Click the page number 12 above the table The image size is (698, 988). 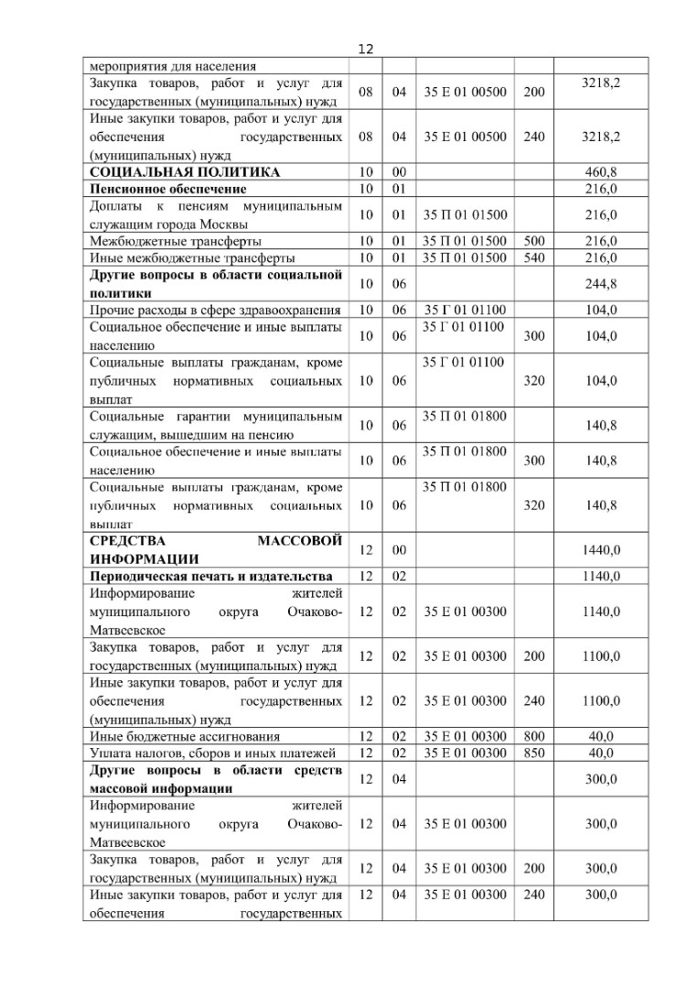tap(366, 49)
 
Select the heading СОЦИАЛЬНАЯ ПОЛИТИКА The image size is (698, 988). tap(185, 171)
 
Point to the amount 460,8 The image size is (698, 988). tap(600, 171)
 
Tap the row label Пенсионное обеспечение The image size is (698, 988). tap(167, 189)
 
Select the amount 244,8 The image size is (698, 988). tap(600, 282)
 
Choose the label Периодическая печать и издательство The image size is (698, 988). tap(210, 576)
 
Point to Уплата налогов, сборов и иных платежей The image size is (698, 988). tap(212, 753)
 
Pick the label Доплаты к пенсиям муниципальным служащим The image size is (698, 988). tap(215, 215)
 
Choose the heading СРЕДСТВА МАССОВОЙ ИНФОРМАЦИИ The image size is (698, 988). tap(215, 549)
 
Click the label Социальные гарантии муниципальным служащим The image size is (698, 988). tap(215, 425)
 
